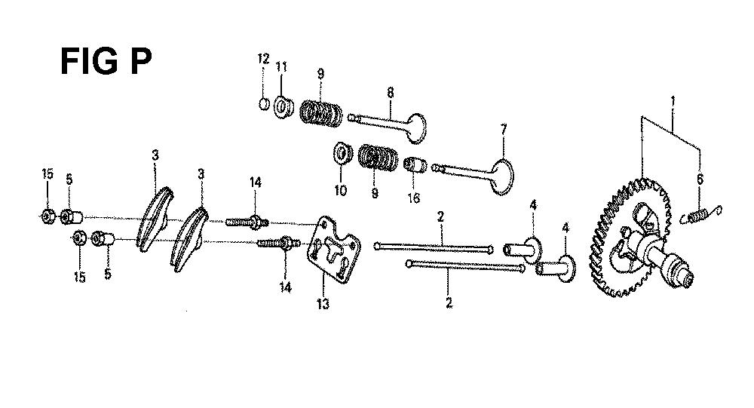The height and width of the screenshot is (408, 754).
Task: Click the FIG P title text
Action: coord(106,61)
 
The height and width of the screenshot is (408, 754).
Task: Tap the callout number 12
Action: coord(263,59)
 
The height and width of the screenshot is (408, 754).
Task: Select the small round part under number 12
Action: coord(264,103)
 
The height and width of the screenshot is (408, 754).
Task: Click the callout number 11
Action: coord(281,66)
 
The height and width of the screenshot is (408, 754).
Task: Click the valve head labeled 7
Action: coord(501,176)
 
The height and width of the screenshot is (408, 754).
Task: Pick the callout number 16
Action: coord(413,198)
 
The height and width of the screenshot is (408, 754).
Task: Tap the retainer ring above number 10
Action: coord(342,153)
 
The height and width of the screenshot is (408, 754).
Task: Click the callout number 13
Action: coord(323,304)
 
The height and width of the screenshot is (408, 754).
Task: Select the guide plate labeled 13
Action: coord(333,249)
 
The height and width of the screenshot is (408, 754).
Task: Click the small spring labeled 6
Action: coord(701,215)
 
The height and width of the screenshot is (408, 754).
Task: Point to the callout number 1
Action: coord(673,102)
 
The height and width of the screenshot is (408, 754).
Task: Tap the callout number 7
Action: coord(504,130)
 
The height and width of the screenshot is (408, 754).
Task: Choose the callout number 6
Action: coord(700,179)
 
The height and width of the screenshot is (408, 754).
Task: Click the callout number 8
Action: coord(390,92)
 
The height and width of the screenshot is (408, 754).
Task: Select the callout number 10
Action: coord(340,191)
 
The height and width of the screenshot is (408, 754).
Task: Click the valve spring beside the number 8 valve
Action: coord(320,114)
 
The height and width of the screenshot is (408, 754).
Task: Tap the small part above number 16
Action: coord(415,166)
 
